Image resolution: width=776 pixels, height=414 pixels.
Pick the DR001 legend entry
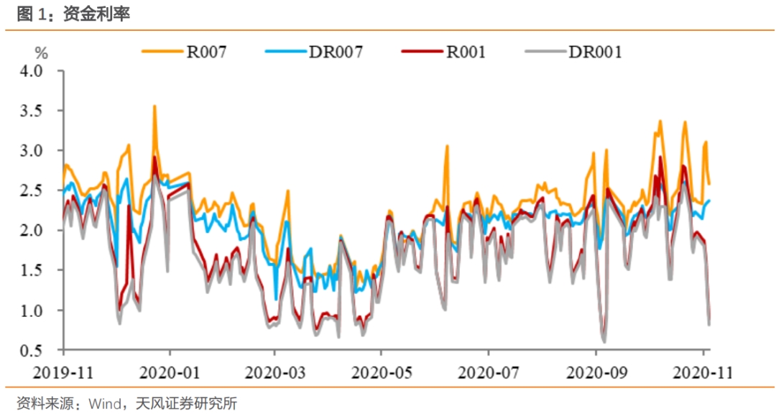(594, 52)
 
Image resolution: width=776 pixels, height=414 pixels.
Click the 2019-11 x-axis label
(63, 374)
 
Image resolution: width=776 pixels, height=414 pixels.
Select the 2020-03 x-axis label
(275, 374)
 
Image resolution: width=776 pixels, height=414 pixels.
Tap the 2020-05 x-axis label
(382, 374)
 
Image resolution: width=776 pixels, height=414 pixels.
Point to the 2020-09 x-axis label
(596, 374)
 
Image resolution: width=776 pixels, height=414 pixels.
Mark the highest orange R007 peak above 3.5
(154, 106)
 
